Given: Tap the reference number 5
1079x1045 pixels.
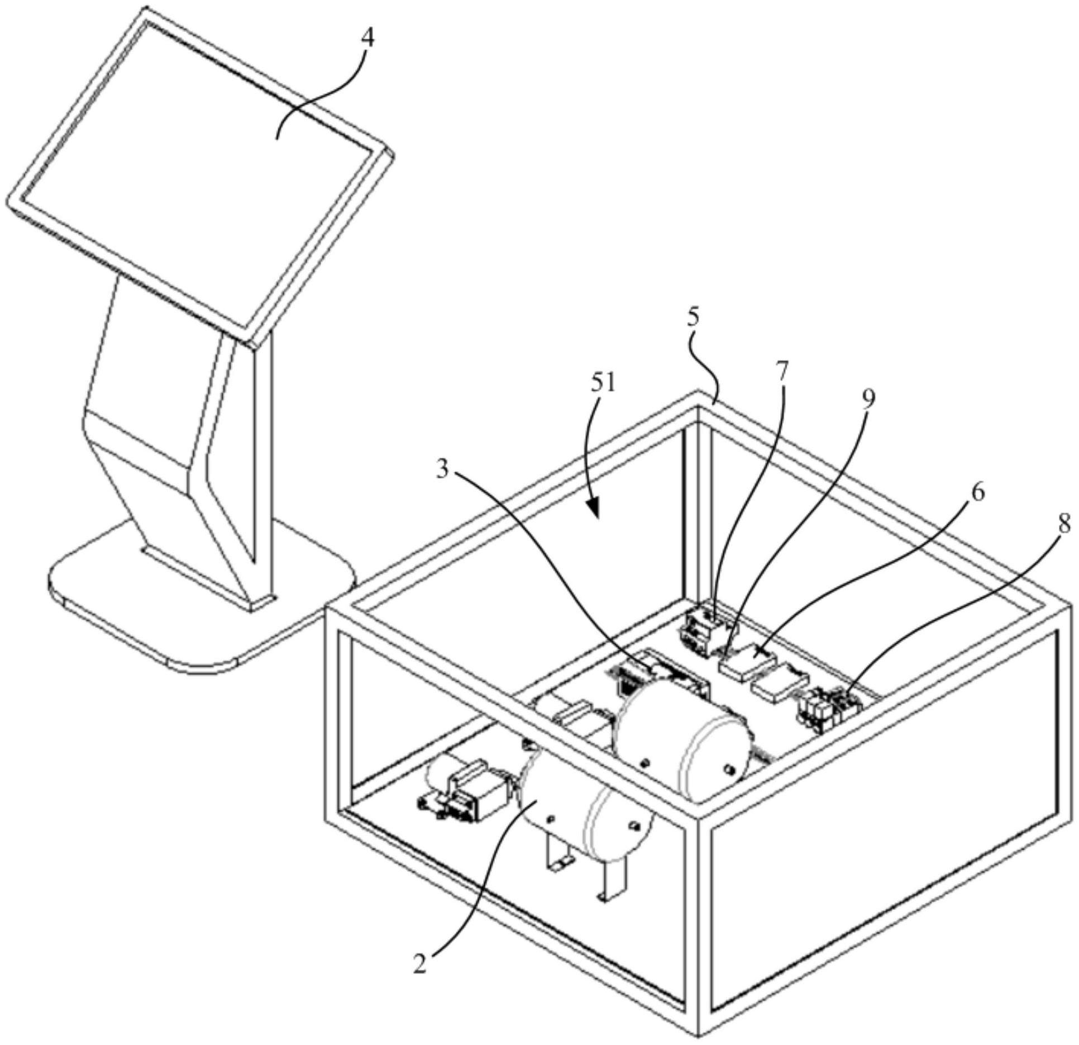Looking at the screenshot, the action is [693, 317].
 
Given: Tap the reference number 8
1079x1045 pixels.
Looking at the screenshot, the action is [1063, 524].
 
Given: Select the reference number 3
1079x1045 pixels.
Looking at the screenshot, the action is [442, 470].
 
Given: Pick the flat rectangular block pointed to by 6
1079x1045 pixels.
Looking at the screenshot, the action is [747, 663].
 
